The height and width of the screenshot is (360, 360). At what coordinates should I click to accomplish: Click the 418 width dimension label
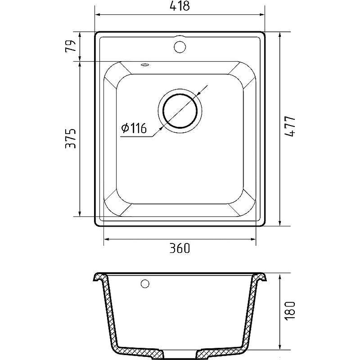pyautogui.click(x=180, y=6)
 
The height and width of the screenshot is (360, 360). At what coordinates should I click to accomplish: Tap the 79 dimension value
pyautogui.click(x=71, y=47)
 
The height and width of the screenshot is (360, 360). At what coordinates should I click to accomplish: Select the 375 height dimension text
pyautogui.click(x=71, y=139)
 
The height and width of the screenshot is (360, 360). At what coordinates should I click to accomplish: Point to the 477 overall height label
pyautogui.click(x=290, y=126)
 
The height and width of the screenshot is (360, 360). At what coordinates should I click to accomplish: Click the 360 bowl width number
pyautogui.click(x=180, y=248)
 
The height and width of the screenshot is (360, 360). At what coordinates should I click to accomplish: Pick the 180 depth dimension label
pyautogui.click(x=290, y=310)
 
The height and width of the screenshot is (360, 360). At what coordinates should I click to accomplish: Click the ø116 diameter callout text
pyautogui.click(x=134, y=128)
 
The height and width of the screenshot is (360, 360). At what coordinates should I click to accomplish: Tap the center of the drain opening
pyautogui.click(x=180, y=111)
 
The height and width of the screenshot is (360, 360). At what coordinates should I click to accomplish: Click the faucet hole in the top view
pyautogui.click(x=180, y=47)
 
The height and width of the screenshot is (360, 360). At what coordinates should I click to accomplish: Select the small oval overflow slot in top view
pyautogui.click(x=144, y=65)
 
